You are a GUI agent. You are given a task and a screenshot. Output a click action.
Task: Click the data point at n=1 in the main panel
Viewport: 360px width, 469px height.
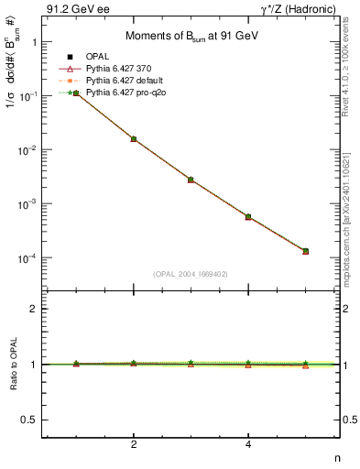coord(77,93)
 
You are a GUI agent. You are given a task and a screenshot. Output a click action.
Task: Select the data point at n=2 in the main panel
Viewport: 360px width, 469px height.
coord(134,139)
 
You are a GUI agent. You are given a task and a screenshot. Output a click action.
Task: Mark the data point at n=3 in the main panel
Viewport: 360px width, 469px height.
coord(191,180)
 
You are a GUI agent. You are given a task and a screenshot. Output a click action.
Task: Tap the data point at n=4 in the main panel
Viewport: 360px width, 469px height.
coord(248,217)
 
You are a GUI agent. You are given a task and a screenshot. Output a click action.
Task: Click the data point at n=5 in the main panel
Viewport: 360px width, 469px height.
coord(305,251)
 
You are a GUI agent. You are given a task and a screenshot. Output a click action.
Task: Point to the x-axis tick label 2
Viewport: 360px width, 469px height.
coord(134,445)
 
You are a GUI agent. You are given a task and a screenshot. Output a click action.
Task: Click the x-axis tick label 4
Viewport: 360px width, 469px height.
coord(248,445)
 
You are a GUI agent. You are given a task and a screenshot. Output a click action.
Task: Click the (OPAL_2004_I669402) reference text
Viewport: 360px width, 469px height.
coord(191,274)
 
